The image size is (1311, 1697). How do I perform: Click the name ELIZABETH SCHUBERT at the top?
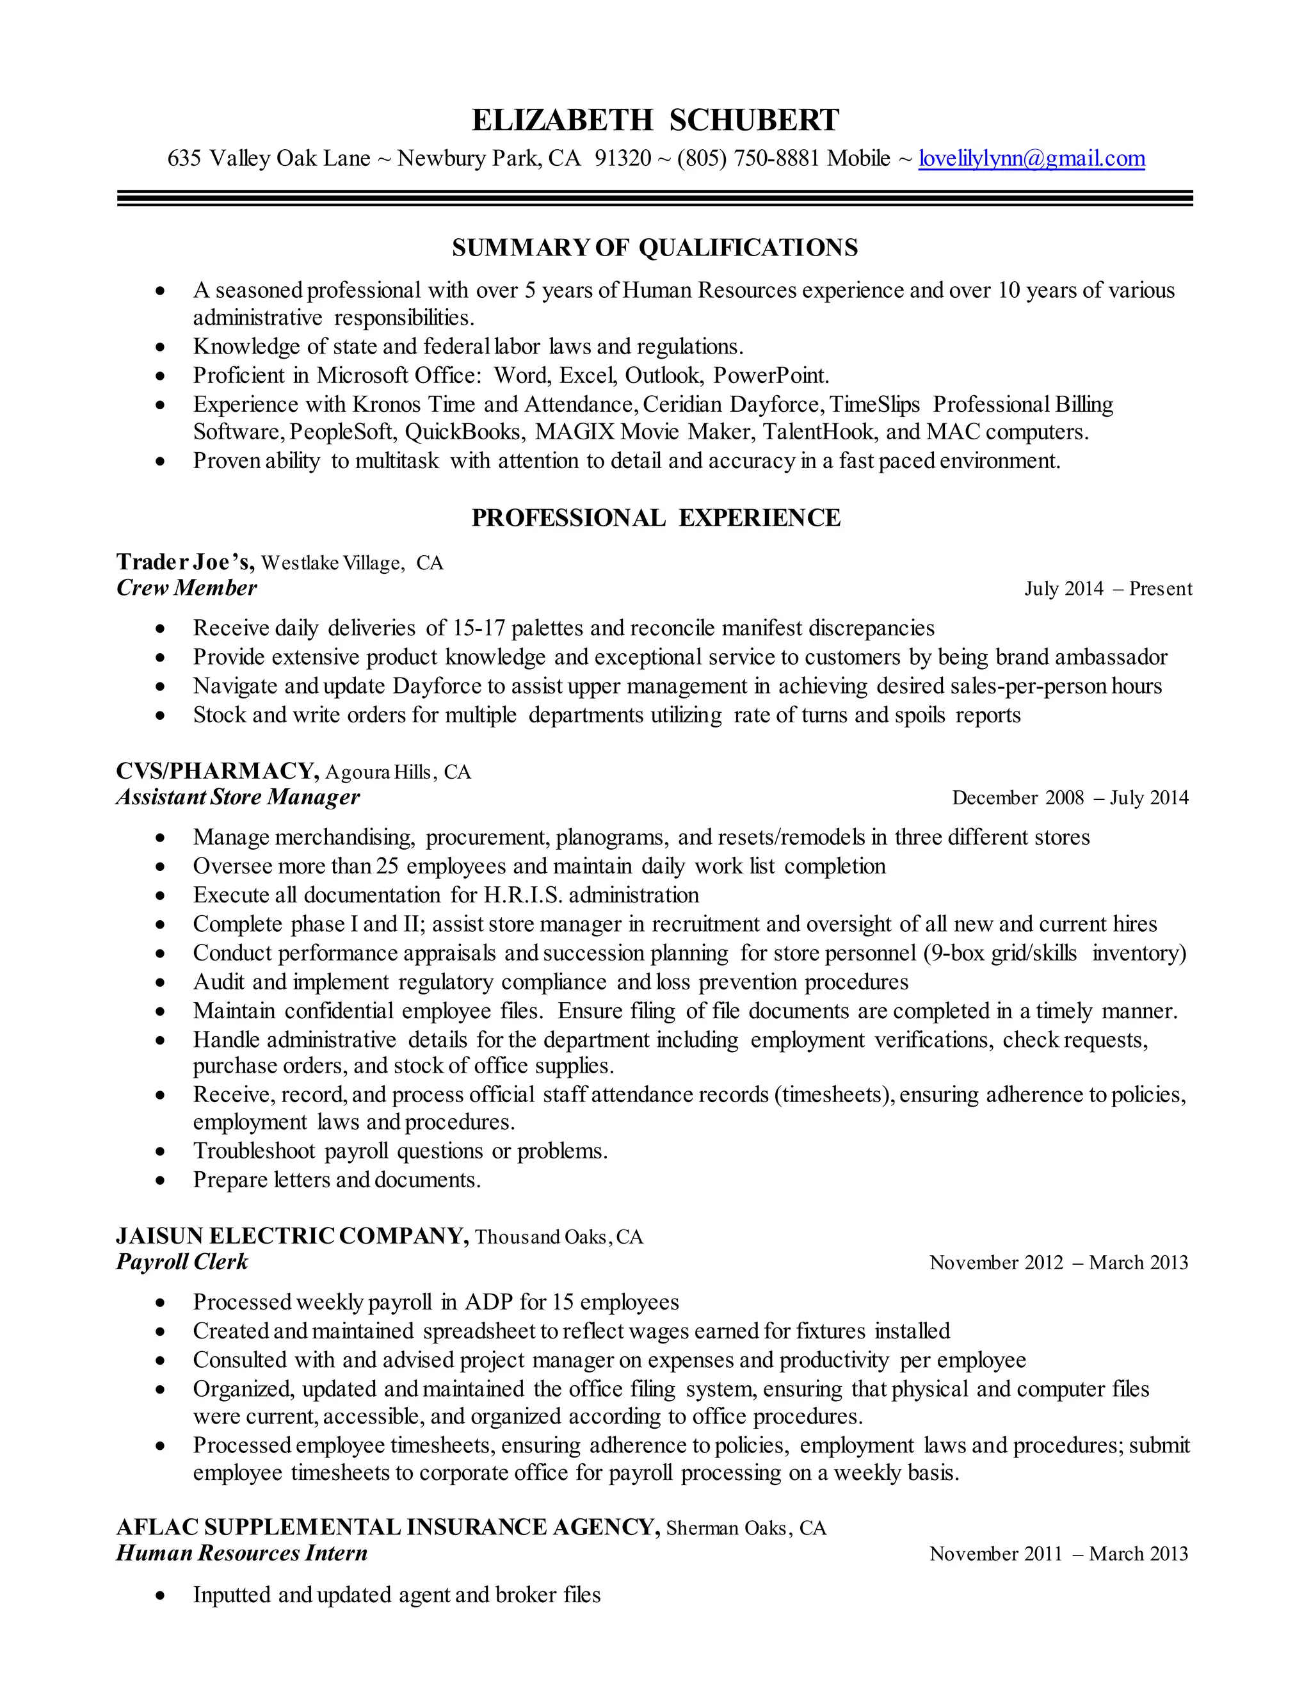pyautogui.click(x=655, y=120)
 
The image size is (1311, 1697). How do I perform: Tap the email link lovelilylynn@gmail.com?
pyautogui.click(x=1031, y=159)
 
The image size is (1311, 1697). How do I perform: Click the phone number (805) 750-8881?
pyautogui.click(x=748, y=159)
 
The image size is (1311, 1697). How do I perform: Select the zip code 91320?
pyautogui.click(x=623, y=159)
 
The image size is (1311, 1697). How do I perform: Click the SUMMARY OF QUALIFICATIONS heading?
pyautogui.click(x=655, y=248)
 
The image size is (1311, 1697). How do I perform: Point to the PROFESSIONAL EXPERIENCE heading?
pyautogui.click(x=655, y=518)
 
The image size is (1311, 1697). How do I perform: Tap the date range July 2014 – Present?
pyautogui.click(x=1107, y=589)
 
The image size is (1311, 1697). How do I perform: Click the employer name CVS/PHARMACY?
pyautogui.click(x=217, y=771)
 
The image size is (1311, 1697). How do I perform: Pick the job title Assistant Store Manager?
pyautogui.click(x=237, y=797)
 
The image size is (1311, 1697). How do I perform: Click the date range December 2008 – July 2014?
pyautogui.click(x=1070, y=798)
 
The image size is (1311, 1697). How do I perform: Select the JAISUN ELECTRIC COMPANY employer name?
pyautogui.click(x=292, y=1235)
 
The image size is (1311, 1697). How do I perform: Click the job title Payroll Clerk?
pyautogui.click(x=182, y=1262)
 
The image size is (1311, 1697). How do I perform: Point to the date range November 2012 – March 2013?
pyautogui.click(x=1058, y=1263)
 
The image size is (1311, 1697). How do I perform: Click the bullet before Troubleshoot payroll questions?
pyautogui.click(x=160, y=1151)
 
